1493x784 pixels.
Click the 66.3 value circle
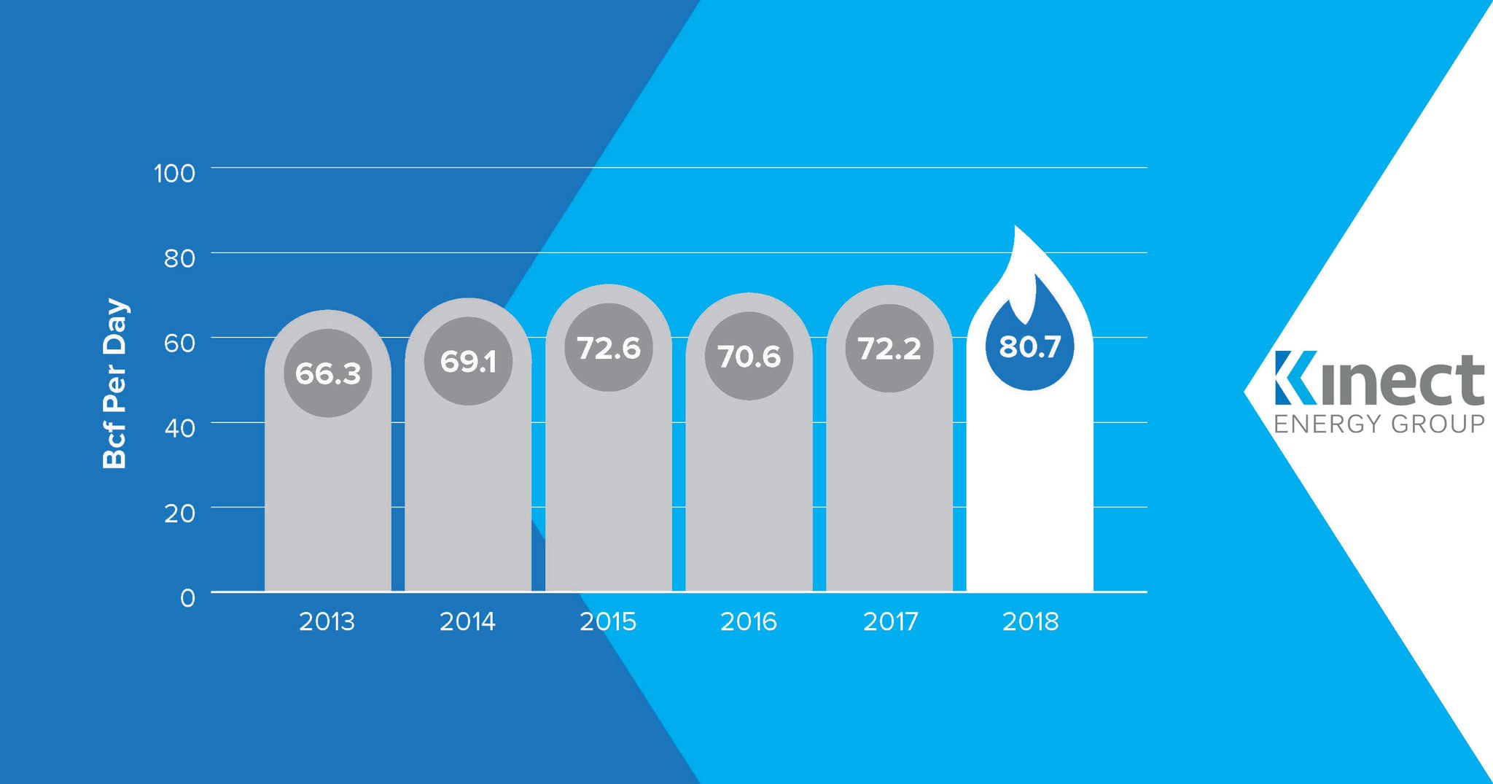tap(328, 373)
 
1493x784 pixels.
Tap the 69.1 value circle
tap(468, 361)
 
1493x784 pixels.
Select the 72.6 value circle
tap(609, 348)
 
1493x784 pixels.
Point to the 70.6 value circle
tap(749, 356)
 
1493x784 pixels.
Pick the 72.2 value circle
tap(889, 348)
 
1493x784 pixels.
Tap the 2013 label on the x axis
tap(327, 621)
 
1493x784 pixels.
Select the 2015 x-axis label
tap(608, 621)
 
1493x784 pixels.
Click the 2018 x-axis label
tap(1030, 621)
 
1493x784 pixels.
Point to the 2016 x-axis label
tap(749, 621)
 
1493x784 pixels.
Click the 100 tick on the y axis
tap(175, 174)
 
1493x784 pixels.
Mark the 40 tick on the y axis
tap(179, 428)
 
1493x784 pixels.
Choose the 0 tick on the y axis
tap(188, 598)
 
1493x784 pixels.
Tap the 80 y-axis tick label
tap(179, 258)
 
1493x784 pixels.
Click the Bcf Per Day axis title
tap(115, 384)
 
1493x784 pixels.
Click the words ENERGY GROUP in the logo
tap(1379, 424)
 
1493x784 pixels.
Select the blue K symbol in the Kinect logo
tap(1295, 378)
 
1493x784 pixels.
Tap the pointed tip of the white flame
tap(1016, 228)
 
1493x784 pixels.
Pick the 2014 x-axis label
tap(467, 621)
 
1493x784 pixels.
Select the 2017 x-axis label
tap(890, 621)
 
